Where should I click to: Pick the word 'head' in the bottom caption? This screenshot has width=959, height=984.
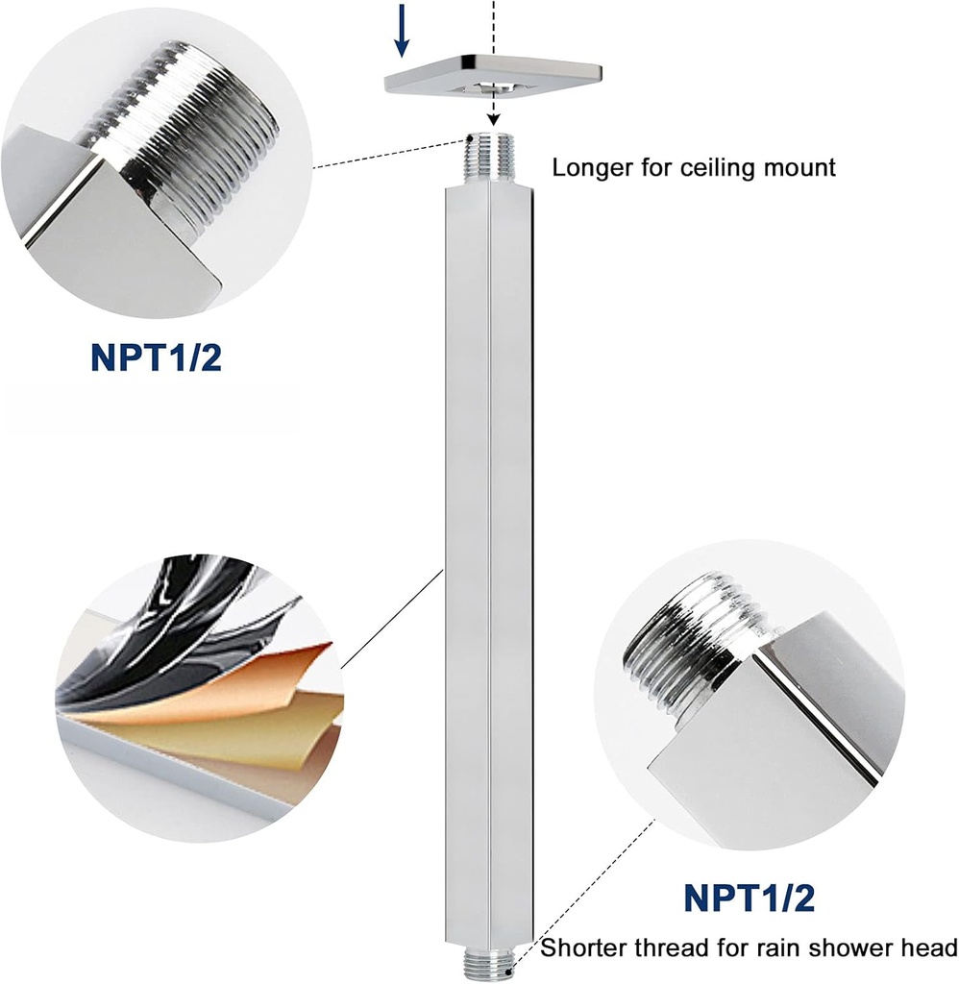[x=929, y=948]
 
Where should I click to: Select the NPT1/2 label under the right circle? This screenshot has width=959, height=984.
[x=749, y=898]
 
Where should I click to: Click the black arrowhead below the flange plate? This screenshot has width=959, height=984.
[x=493, y=119]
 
